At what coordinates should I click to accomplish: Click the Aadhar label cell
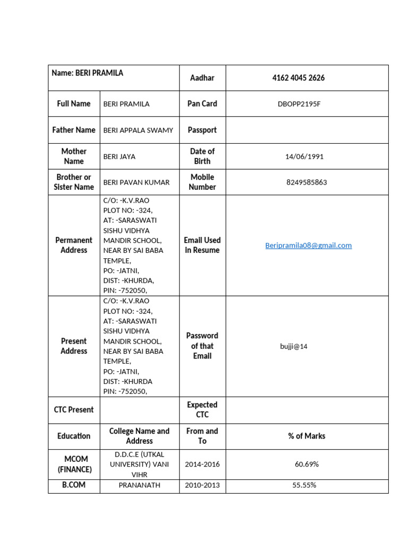coord(202,78)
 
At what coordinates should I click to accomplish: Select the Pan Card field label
coord(202,104)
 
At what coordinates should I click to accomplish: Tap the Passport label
coord(202,130)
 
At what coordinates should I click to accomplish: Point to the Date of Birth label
coord(202,156)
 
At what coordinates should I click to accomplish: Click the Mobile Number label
coord(202,182)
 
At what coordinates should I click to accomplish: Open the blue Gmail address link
coord(308,246)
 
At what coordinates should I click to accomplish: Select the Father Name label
coord(74,130)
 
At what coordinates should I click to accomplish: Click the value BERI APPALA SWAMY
coord(138,130)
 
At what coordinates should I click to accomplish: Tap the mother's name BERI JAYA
coord(120,157)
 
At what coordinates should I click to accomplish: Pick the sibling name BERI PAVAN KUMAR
coord(137,182)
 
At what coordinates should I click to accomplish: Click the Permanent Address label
coord(74,245)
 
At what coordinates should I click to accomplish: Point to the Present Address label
coord(74,346)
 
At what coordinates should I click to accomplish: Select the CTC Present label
coord(74,410)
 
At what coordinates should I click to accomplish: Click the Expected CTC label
coord(202,409)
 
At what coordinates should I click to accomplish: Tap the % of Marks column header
coord(307,436)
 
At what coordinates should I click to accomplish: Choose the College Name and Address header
coord(139,436)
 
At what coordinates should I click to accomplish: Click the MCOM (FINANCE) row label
coord(74,464)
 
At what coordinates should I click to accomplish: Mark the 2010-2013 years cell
coord(202,485)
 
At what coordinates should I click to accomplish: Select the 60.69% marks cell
coord(307,465)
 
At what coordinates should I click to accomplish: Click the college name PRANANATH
coord(139,485)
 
